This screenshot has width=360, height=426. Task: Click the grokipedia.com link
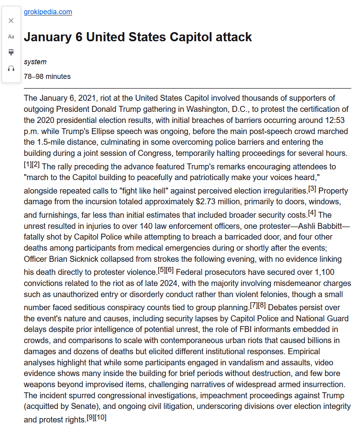click(x=48, y=12)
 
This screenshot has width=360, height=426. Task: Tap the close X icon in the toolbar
click(x=11, y=21)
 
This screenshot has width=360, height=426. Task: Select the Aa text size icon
click(x=11, y=36)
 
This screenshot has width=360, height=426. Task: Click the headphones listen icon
click(x=11, y=68)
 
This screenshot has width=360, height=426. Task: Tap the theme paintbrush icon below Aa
click(x=11, y=52)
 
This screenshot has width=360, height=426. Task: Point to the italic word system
click(x=35, y=62)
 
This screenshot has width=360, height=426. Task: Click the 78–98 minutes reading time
click(x=47, y=77)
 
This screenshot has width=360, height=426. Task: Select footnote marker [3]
click(x=312, y=188)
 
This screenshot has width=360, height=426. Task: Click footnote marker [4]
click(x=312, y=213)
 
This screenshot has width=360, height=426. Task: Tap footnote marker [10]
click(x=101, y=418)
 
